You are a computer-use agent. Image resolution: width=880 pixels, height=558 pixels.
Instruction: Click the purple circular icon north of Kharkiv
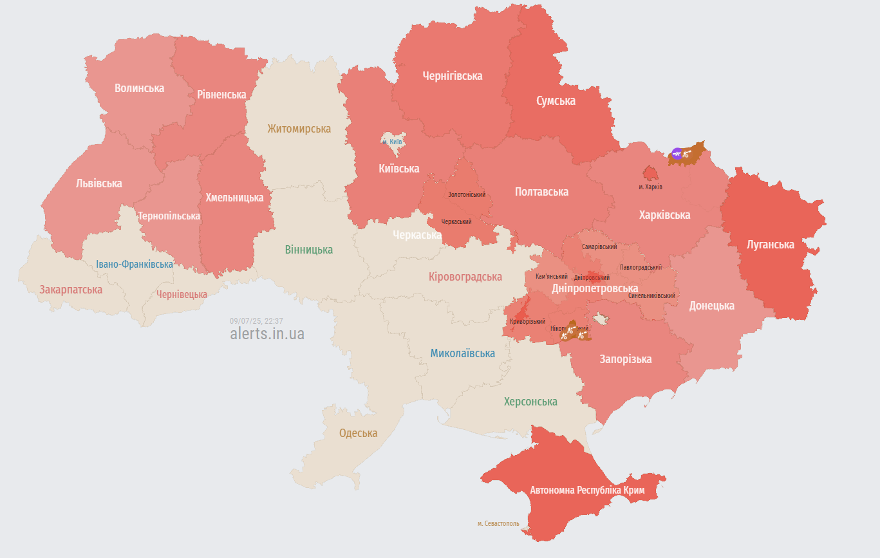pyautogui.click(x=677, y=153)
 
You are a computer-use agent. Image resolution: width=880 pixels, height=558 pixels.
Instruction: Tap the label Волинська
pyautogui.click(x=139, y=88)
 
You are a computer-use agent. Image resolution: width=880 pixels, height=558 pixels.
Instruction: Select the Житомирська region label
pyautogui.click(x=299, y=129)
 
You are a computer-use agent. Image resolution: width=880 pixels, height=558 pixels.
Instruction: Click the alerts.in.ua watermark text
pyautogui.click(x=267, y=334)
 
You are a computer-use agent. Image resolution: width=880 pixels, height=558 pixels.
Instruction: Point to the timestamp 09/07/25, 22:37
pyautogui.click(x=256, y=321)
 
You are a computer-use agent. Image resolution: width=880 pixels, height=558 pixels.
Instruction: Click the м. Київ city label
pyautogui.click(x=392, y=142)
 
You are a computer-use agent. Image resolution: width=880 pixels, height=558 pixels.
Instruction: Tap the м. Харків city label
pyautogui.click(x=650, y=187)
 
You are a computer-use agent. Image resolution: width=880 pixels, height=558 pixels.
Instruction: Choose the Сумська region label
pyautogui.click(x=556, y=101)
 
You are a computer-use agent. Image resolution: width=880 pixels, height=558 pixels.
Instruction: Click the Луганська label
pyautogui.click(x=770, y=245)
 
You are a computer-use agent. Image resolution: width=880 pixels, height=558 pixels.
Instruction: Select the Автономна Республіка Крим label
pyautogui.click(x=587, y=490)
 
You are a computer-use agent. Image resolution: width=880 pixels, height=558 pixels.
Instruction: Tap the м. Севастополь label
pyautogui.click(x=498, y=523)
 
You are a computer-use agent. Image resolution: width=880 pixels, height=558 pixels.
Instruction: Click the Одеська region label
pyautogui.click(x=358, y=433)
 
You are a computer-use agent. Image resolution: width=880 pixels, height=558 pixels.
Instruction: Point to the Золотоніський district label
pyautogui.click(x=467, y=194)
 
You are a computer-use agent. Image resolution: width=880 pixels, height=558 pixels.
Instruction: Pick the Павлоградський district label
pyautogui.click(x=641, y=267)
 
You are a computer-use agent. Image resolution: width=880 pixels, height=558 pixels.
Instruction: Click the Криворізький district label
pyautogui.click(x=527, y=321)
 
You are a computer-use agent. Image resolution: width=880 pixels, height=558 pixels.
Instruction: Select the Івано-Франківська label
pyautogui.click(x=135, y=265)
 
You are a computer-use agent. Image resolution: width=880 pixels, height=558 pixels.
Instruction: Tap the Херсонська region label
pyautogui.click(x=530, y=402)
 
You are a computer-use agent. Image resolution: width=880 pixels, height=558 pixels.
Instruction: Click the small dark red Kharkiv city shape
pyautogui.click(x=650, y=173)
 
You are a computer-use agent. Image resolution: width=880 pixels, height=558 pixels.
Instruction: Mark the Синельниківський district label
pyautogui.click(x=652, y=295)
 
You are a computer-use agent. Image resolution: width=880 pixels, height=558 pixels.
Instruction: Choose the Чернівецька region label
pyautogui.click(x=182, y=294)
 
